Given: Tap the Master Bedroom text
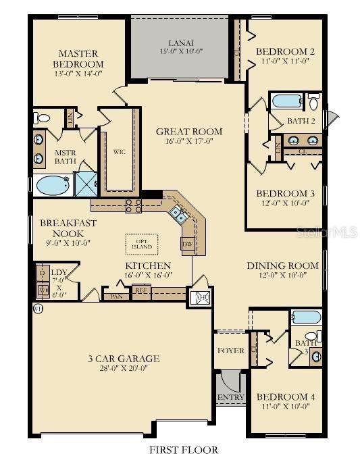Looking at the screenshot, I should click(78, 59).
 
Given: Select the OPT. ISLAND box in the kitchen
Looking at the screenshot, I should click(141, 243).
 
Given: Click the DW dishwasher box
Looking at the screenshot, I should click(188, 242).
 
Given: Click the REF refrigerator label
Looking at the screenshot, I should click(141, 291).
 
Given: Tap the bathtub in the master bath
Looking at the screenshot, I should click(51, 184).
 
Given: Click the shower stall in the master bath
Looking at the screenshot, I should click(85, 183).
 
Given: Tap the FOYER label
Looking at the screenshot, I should click(230, 351).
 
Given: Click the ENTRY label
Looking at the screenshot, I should click(230, 398).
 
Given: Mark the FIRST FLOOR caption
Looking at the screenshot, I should click(183, 449).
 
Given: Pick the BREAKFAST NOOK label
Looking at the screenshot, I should click(68, 228).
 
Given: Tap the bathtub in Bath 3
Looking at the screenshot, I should click(305, 317).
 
